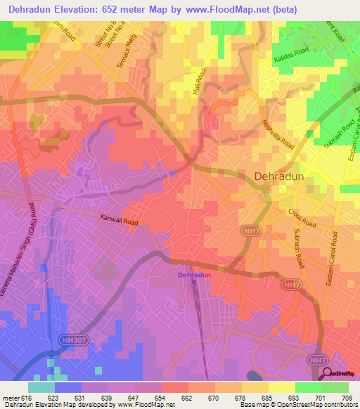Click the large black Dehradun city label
point(279,177)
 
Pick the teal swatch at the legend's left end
point(41,387)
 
